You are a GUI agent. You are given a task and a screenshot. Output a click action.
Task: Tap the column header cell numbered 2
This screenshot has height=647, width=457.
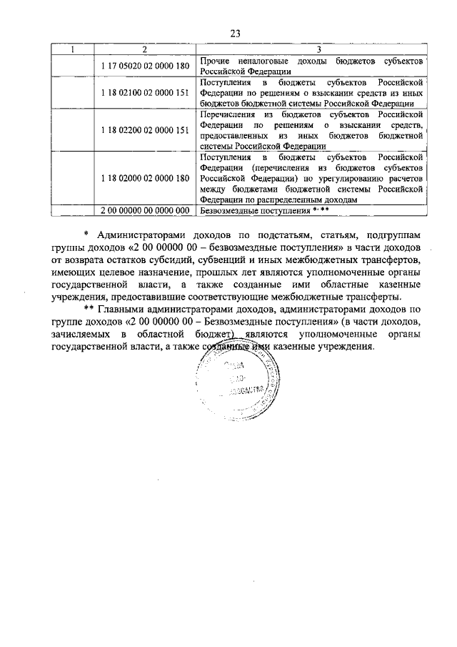tap(145, 49)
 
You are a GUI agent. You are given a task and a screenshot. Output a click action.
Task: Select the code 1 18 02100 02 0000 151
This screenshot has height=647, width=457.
tap(145, 94)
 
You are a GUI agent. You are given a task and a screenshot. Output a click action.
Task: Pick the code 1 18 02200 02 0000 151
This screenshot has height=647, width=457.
tap(145, 129)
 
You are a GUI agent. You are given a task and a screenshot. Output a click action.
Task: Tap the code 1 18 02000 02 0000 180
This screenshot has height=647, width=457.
tap(145, 178)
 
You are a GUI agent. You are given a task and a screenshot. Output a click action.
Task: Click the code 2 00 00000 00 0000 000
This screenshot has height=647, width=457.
tap(145, 210)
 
